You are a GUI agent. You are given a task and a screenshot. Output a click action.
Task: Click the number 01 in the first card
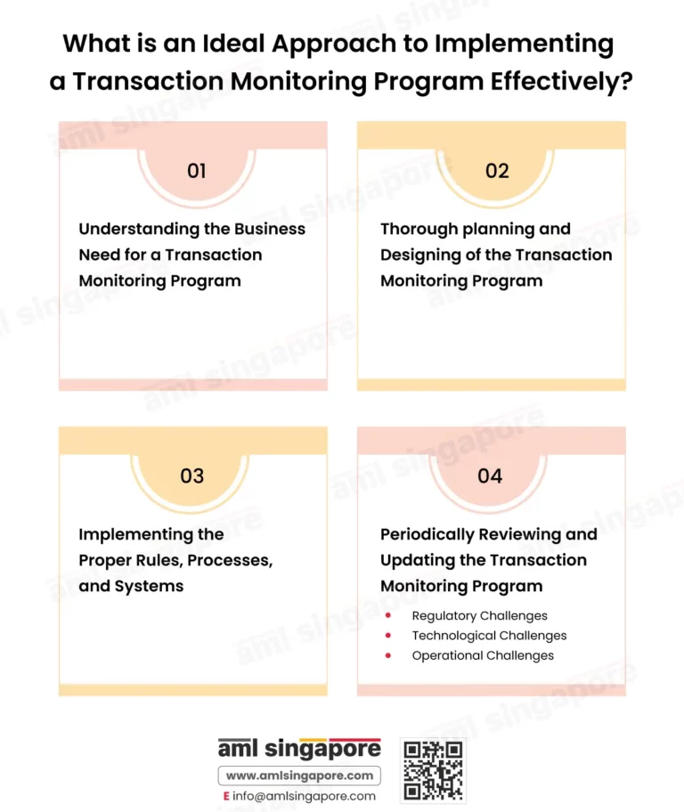click(x=197, y=171)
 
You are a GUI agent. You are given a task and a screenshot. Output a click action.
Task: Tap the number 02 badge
click(x=497, y=171)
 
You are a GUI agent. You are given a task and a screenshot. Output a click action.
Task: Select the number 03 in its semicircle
click(x=191, y=476)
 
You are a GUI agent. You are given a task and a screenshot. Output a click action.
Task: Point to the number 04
click(x=490, y=476)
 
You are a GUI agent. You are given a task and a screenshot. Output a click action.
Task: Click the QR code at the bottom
click(x=433, y=770)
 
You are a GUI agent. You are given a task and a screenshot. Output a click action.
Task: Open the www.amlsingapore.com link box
click(x=299, y=775)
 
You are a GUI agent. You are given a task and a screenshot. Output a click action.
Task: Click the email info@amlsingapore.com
click(x=305, y=796)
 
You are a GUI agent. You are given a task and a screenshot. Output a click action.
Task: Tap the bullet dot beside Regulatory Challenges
click(x=388, y=615)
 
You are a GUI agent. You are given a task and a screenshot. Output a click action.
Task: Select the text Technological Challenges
click(x=489, y=636)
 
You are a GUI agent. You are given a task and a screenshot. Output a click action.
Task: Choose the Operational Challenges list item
click(x=483, y=655)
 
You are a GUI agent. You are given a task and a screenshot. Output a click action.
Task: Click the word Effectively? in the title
click(x=562, y=81)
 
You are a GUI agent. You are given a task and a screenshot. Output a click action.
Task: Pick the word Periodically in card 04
click(x=427, y=535)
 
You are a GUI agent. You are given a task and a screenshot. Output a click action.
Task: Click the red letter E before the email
click(x=226, y=796)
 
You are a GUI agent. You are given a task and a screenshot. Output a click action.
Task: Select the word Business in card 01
click(x=270, y=229)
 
